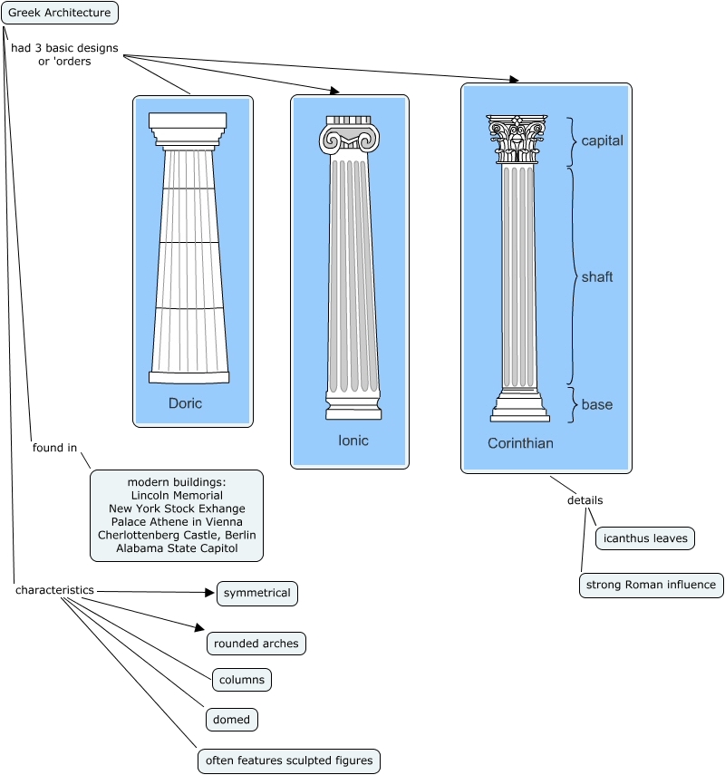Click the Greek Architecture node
(x=60, y=13)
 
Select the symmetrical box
(x=257, y=594)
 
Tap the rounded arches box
(x=256, y=644)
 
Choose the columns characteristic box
(x=242, y=679)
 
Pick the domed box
(x=231, y=720)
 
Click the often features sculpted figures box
(x=289, y=760)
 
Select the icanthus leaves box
(x=645, y=538)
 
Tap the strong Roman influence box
(x=651, y=586)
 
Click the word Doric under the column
(x=185, y=403)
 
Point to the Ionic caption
(x=353, y=441)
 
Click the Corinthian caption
(x=520, y=443)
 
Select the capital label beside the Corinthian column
(x=603, y=141)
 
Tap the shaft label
(x=597, y=277)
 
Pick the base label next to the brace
(x=597, y=404)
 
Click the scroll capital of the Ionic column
(x=350, y=139)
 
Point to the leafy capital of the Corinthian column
(x=517, y=139)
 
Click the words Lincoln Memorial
(x=177, y=496)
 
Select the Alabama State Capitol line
(x=177, y=548)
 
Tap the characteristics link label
(x=54, y=590)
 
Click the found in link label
(x=54, y=448)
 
